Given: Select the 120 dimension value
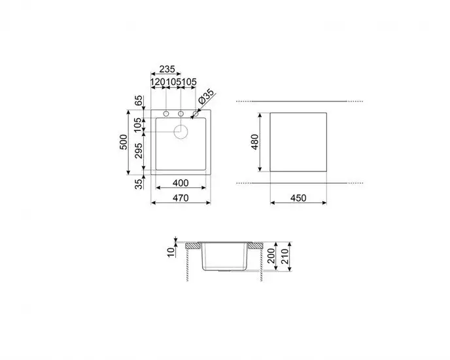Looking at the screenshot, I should (158, 82).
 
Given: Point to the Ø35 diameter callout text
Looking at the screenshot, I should (205, 98).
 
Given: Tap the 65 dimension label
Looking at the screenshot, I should (138, 101).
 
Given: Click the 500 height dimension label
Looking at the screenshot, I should (122, 144).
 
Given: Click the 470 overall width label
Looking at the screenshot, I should (180, 197).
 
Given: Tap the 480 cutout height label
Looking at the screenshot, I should (255, 141).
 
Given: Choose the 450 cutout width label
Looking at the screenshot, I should (299, 197).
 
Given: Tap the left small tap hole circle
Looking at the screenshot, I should (166, 115).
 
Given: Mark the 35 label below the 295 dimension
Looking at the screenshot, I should (138, 184).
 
